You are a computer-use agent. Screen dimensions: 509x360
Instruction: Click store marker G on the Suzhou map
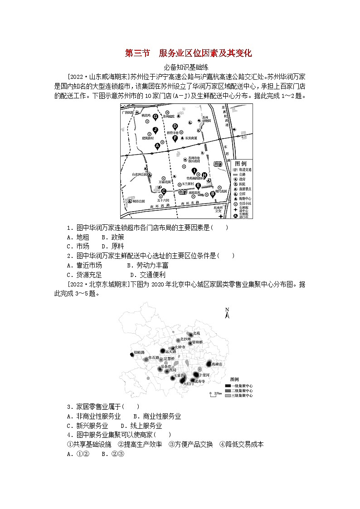click(x=155, y=117)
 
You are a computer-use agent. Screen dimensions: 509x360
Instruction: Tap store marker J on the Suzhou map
click(x=155, y=130)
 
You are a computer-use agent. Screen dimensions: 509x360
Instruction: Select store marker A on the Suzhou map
click(x=158, y=145)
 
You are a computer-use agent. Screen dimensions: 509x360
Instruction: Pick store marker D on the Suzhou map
click(x=175, y=126)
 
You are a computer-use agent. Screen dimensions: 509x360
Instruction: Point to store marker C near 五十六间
click(x=164, y=192)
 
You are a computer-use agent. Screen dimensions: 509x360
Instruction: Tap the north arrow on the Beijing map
click(x=227, y=312)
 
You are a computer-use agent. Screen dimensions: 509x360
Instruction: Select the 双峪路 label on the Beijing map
click(x=139, y=352)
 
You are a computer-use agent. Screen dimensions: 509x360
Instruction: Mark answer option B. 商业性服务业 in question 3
click(x=157, y=416)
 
